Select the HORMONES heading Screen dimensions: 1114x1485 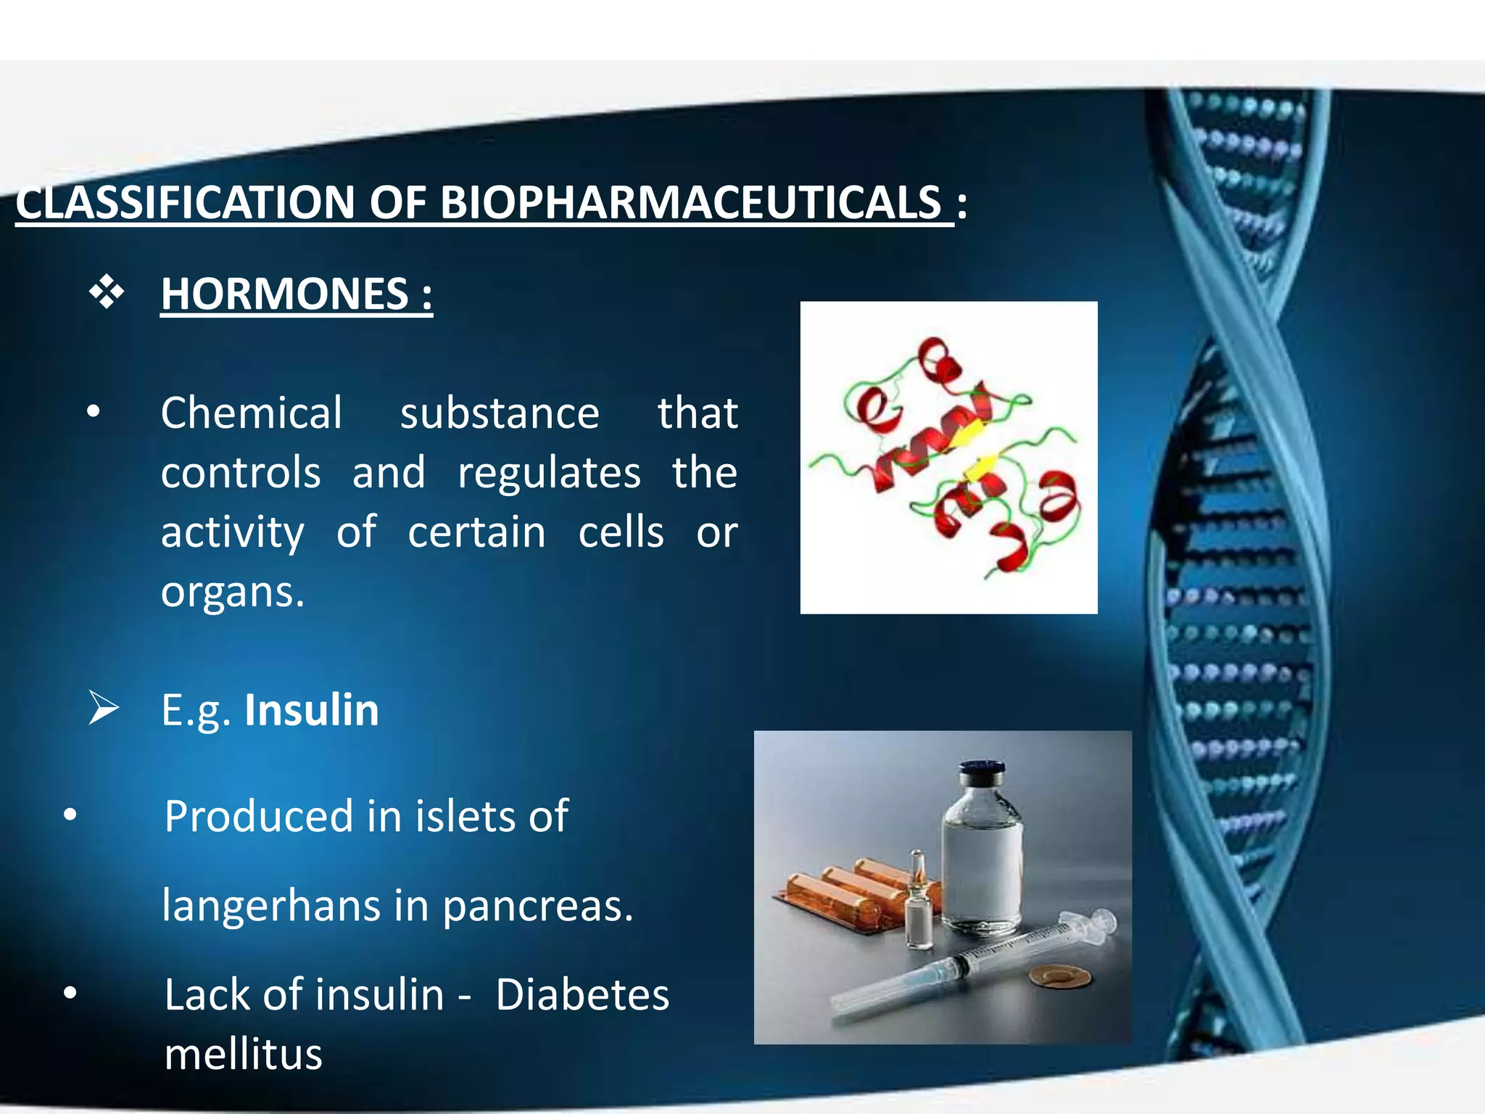pos(296,294)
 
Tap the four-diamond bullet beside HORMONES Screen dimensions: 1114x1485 pos(107,292)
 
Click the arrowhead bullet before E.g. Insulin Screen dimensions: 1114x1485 pos(104,708)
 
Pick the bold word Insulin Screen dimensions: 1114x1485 pos(312,709)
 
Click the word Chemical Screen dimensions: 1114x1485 pos(251,413)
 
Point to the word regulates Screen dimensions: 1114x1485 pos(549,473)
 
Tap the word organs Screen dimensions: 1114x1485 pos(232,592)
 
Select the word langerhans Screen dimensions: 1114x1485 pos(271,905)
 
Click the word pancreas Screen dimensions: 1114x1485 pos(537,905)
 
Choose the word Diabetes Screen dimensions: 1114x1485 pos(582,994)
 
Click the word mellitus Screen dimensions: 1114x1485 pos(243,1054)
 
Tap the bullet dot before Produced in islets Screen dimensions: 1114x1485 pos(70,814)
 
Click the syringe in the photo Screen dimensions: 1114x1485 pos(972,965)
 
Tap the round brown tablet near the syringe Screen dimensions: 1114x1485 pos(1060,977)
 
